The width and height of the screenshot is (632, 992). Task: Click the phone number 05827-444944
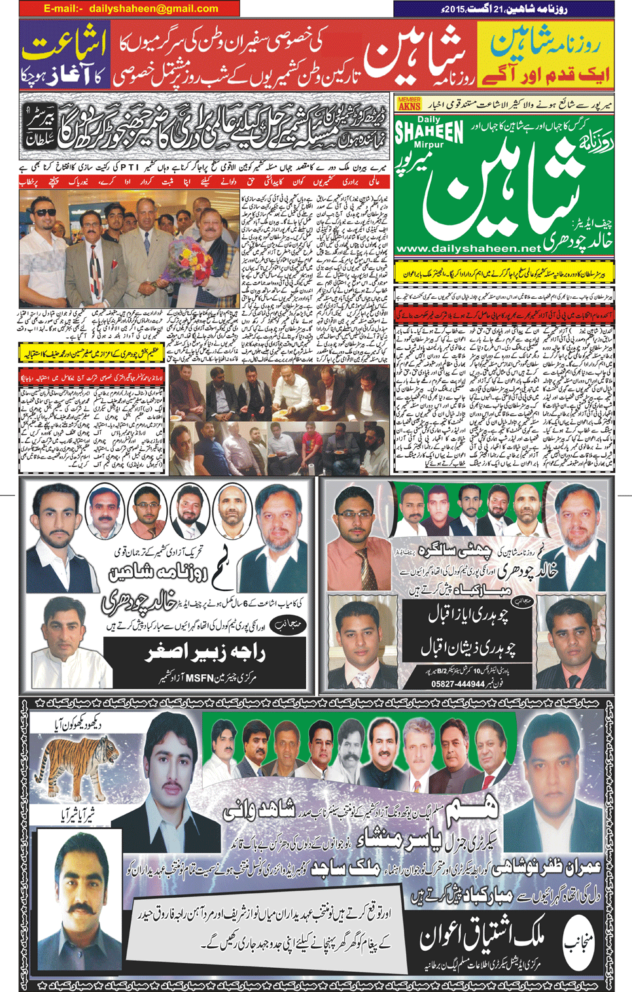458,684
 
